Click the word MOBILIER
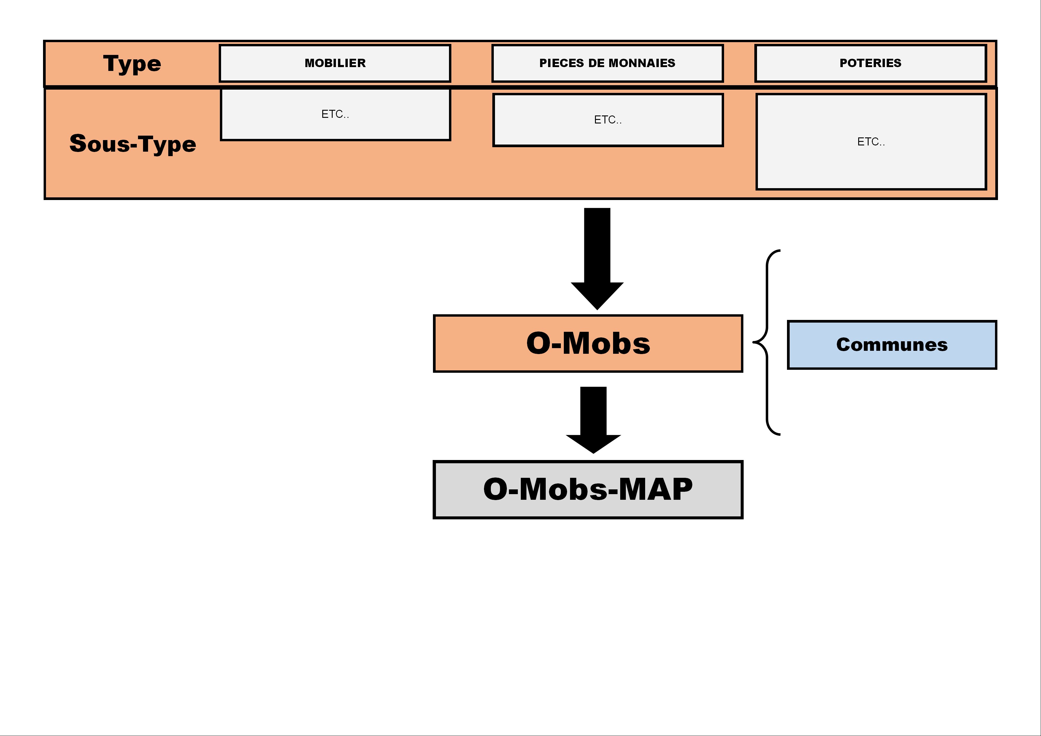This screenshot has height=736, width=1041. (x=335, y=63)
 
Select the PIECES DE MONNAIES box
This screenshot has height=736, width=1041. (x=607, y=63)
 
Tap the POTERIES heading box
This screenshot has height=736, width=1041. (x=871, y=63)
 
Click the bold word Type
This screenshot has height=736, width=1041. (x=132, y=64)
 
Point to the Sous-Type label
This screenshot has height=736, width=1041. (x=133, y=144)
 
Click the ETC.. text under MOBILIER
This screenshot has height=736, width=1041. (x=335, y=114)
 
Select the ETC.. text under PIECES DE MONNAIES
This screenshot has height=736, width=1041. (x=607, y=120)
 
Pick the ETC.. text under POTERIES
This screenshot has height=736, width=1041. (x=871, y=142)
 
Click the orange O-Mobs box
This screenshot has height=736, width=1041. (x=588, y=343)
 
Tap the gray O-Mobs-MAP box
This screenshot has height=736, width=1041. (x=588, y=490)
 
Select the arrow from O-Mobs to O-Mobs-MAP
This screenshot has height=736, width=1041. (x=594, y=420)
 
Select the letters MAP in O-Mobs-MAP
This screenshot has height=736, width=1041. (x=656, y=489)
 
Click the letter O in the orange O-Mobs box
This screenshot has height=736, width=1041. (x=539, y=343)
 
